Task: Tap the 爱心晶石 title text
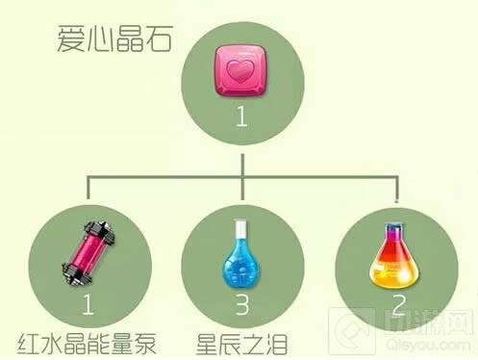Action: pos(101,40)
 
